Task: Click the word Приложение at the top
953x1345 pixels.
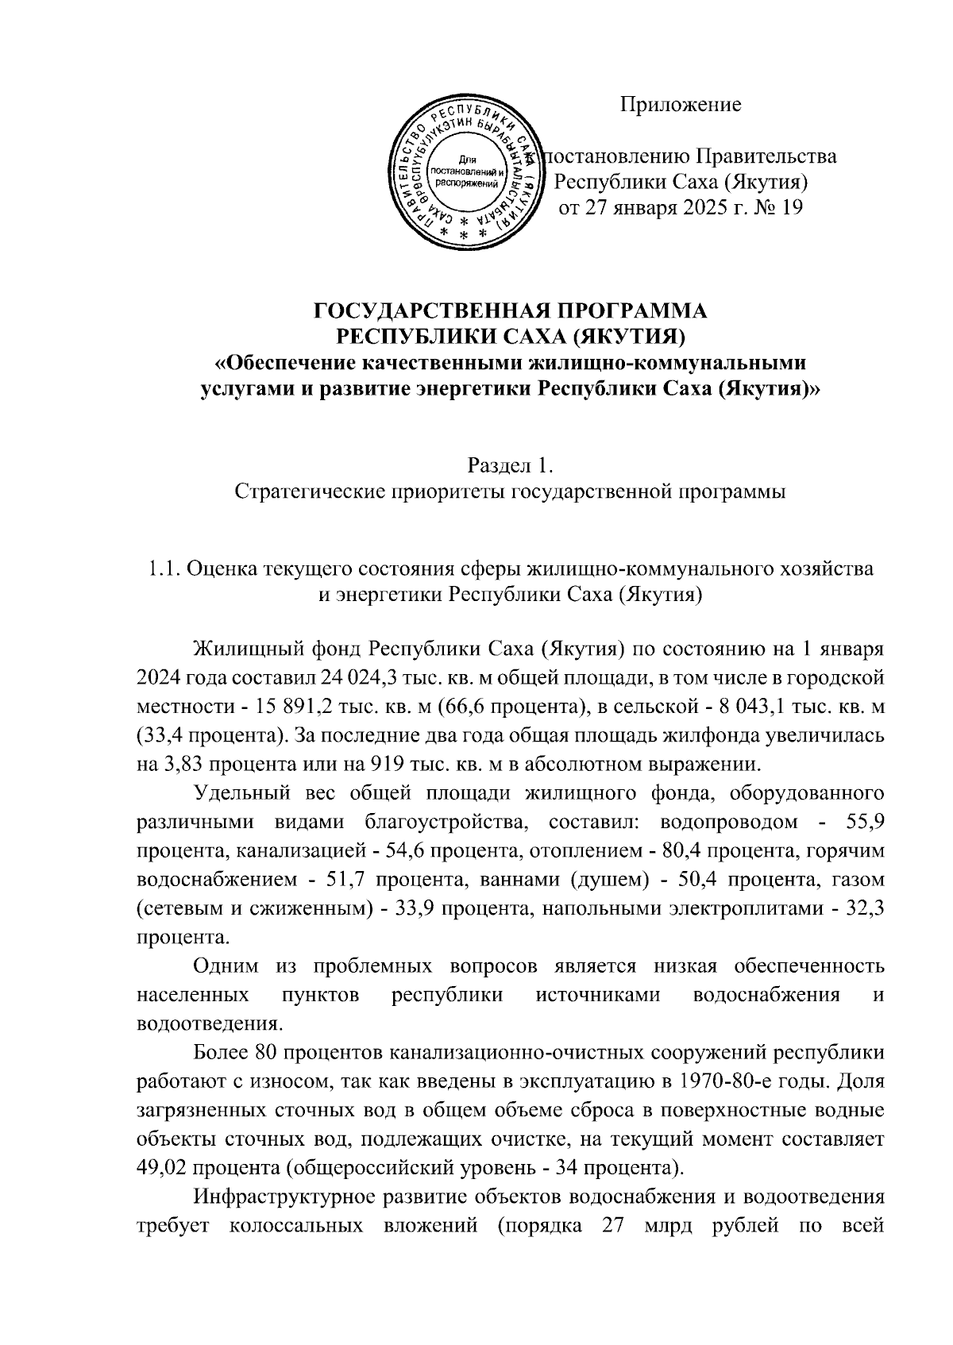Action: click(680, 104)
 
